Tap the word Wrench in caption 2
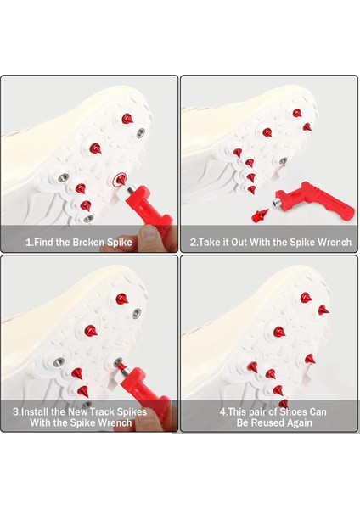335,242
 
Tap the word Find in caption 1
44,242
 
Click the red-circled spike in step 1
121,178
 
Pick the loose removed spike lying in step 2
260,215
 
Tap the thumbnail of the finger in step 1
149,233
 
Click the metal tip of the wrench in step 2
277,204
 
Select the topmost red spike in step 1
127,119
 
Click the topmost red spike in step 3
122,299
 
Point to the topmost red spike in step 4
306,298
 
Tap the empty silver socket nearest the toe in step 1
141,132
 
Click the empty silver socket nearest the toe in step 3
137,313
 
